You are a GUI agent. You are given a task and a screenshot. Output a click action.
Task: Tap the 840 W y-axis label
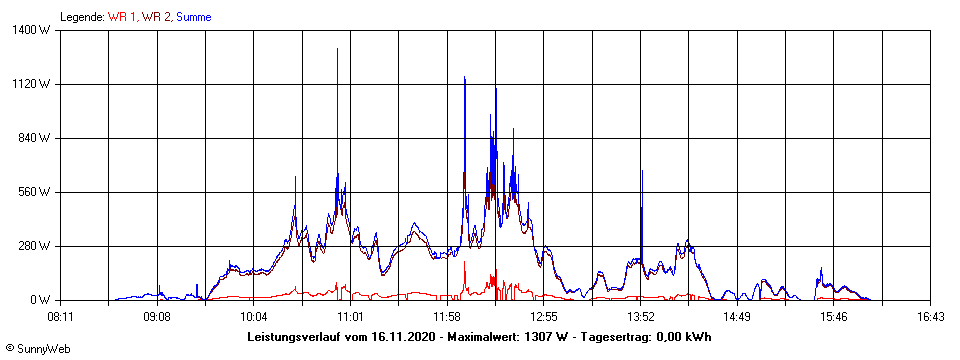click(37, 138)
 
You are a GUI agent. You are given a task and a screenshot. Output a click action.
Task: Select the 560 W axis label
click(37, 192)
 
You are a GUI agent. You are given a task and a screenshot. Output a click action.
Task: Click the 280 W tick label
click(37, 246)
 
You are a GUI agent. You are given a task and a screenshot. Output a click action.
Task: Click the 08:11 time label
click(60, 317)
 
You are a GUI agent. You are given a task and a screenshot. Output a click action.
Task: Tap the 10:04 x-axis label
click(254, 317)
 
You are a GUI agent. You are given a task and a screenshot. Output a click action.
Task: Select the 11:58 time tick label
click(447, 317)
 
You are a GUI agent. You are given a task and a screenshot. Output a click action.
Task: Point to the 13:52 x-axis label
click(641, 317)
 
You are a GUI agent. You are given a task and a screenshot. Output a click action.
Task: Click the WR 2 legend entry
click(157, 17)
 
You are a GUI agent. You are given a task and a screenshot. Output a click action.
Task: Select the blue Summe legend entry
click(193, 17)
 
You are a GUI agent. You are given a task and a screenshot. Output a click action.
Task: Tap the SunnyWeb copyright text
click(37, 348)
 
